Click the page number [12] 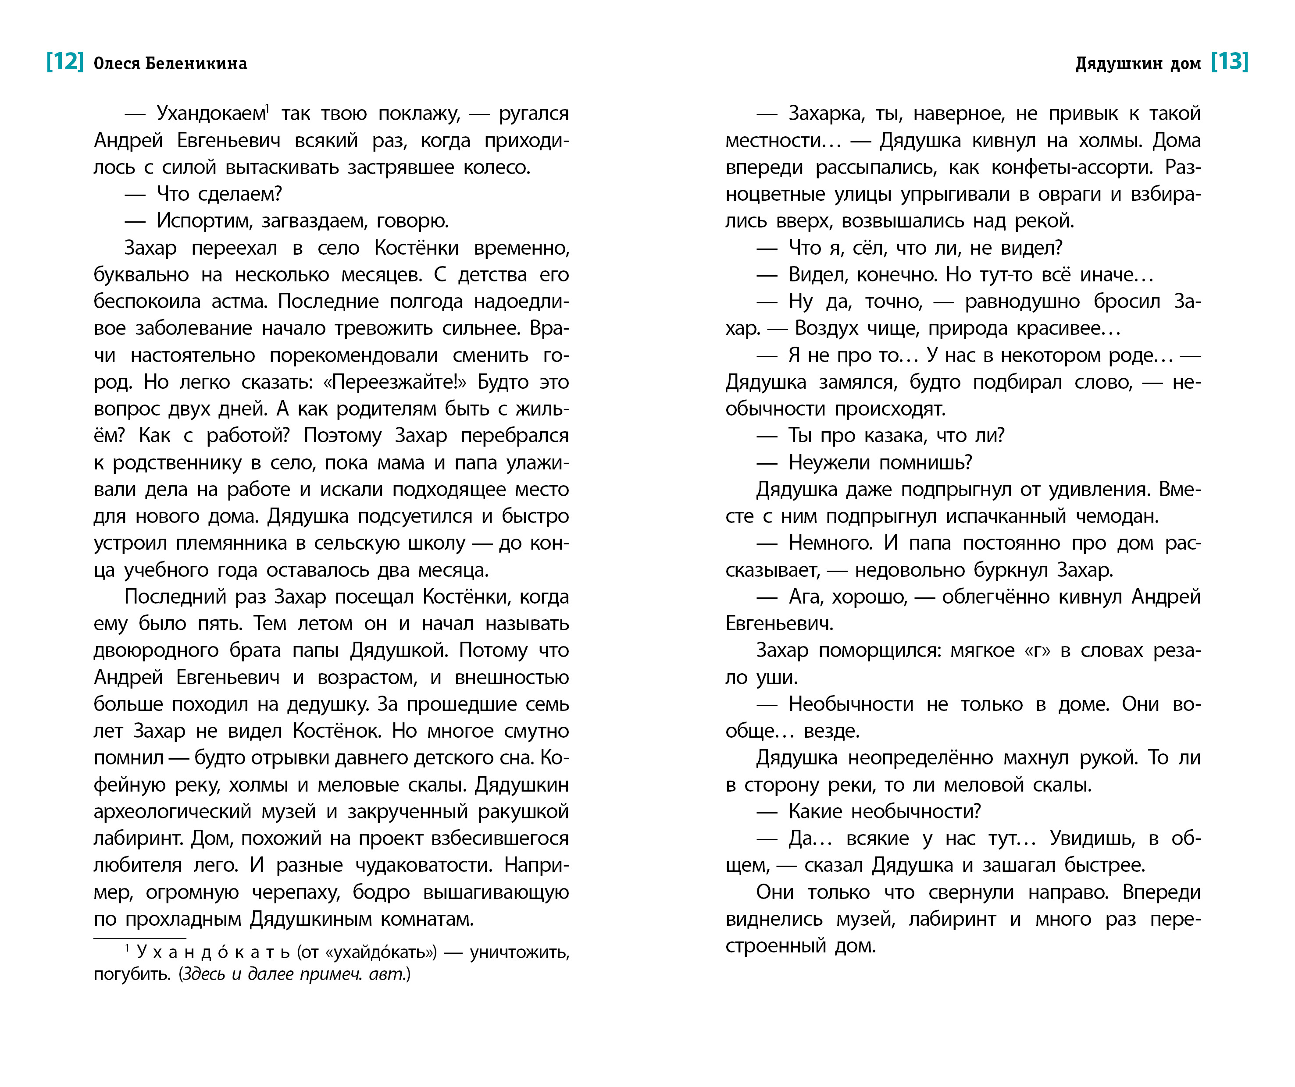click(65, 62)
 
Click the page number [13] click(1230, 62)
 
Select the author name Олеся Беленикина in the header click(170, 64)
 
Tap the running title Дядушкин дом click(1138, 64)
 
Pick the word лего click(215, 866)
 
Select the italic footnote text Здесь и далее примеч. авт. click(294, 975)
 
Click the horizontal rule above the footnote click(139, 938)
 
